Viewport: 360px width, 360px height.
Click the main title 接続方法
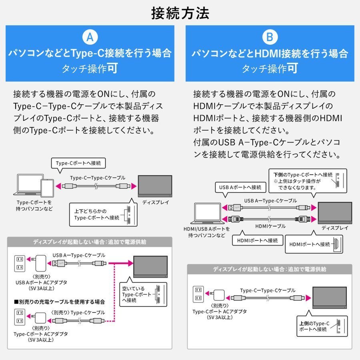180,13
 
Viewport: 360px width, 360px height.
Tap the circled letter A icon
90,38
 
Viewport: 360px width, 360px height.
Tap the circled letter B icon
270,38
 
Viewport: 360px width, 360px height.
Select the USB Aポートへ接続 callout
240,187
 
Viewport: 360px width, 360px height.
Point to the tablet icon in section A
47,187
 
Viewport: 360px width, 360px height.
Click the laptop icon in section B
208,214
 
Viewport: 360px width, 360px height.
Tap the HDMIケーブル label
270,226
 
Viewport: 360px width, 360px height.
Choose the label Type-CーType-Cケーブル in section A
98,178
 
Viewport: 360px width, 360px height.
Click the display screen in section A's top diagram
154,185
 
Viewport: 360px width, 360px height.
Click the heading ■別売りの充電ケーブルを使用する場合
59,302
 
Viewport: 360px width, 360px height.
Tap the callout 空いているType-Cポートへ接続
136,294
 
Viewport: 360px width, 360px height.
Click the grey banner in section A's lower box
90,242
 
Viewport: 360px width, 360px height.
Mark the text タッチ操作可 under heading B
270,68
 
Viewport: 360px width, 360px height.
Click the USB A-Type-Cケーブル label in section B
270,200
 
